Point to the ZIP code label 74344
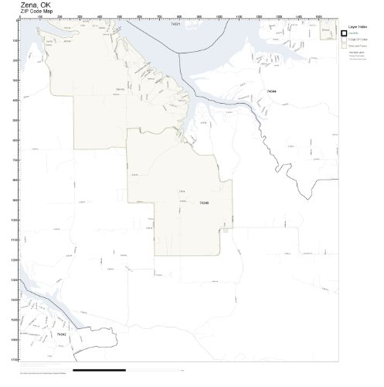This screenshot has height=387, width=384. (x=270, y=91)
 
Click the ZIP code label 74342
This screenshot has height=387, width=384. (x=60, y=334)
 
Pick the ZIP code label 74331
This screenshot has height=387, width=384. (x=175, y=25)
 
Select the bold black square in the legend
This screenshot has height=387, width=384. (x=345, y=33)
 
